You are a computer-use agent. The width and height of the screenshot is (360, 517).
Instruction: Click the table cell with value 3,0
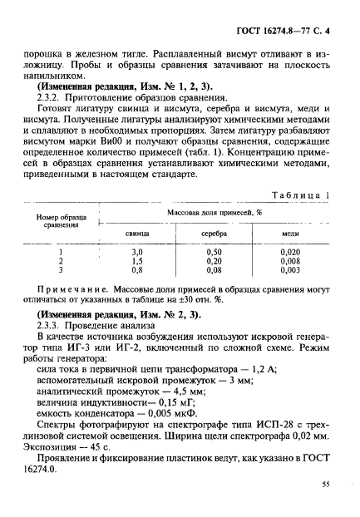(138, 251)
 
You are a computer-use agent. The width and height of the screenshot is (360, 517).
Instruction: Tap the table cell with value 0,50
(215, 251)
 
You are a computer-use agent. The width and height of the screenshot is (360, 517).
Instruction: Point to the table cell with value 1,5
(138, 260)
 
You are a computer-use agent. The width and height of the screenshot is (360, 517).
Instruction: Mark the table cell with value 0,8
(138, 269)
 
